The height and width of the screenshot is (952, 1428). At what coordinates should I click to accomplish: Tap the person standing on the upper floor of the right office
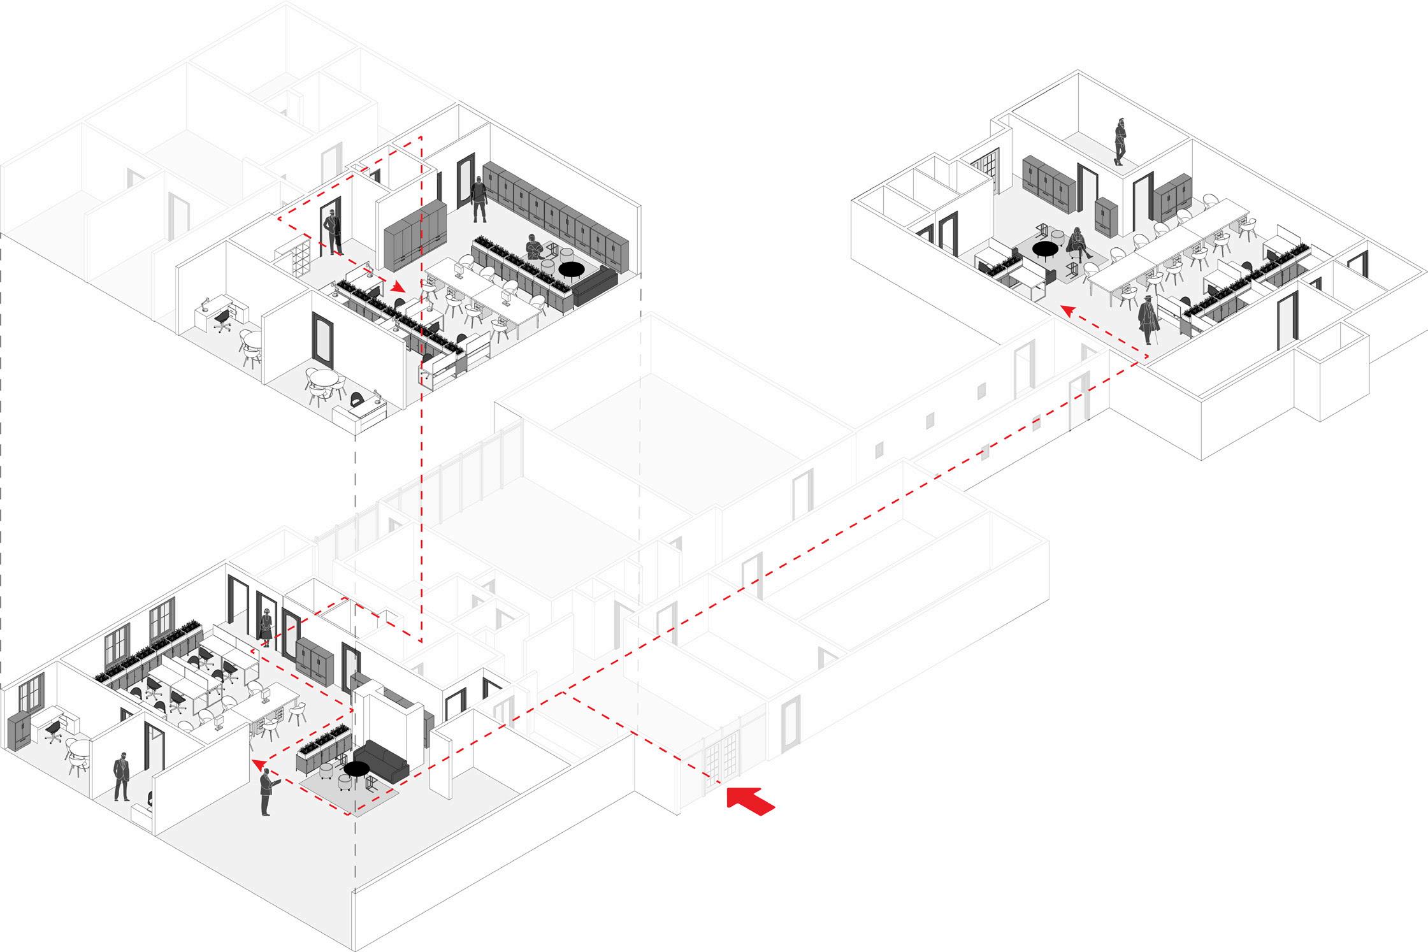pos(1120,142)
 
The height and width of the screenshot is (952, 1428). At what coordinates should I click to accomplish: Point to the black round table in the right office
pos(1045,249)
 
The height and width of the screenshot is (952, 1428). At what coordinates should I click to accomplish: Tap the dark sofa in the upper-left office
pos(595,285)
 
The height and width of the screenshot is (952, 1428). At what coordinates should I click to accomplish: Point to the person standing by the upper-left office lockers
pos(479,199)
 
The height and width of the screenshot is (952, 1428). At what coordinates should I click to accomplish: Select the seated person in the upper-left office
pos(533,249)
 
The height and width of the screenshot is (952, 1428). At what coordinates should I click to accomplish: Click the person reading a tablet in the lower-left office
pos(266,791)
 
